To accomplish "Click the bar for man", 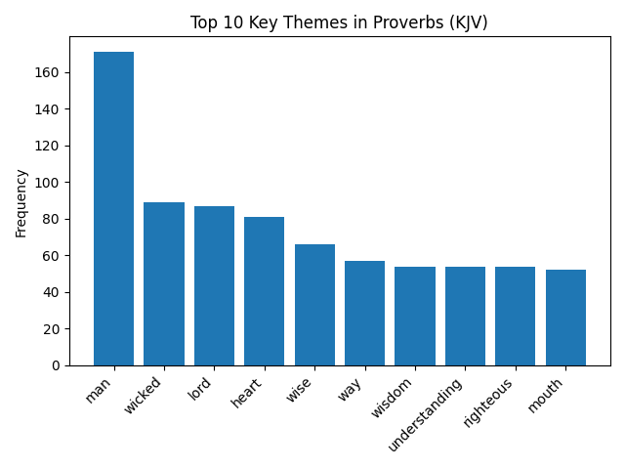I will tap(113, 208).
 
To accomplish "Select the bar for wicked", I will tap(164, 283).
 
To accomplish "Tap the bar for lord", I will tap(214, 285).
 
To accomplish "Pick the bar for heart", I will tap(264, 291).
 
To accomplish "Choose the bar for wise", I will tap(314, 305).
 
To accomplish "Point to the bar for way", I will tap(364, 313).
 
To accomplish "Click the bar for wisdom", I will tap(415, 316).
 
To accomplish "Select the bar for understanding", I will tap(465, 316).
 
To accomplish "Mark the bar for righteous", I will tap(515, 316).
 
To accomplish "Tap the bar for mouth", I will tap(565, 318).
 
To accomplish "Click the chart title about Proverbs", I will tap(339, 22).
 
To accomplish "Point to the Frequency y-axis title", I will tap(21, 202).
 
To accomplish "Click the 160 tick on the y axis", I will tap(51, 72).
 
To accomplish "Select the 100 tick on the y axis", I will tap(51, 183).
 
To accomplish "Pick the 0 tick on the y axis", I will tap(58, 365).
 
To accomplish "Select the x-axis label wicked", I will tap(143, 396).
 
